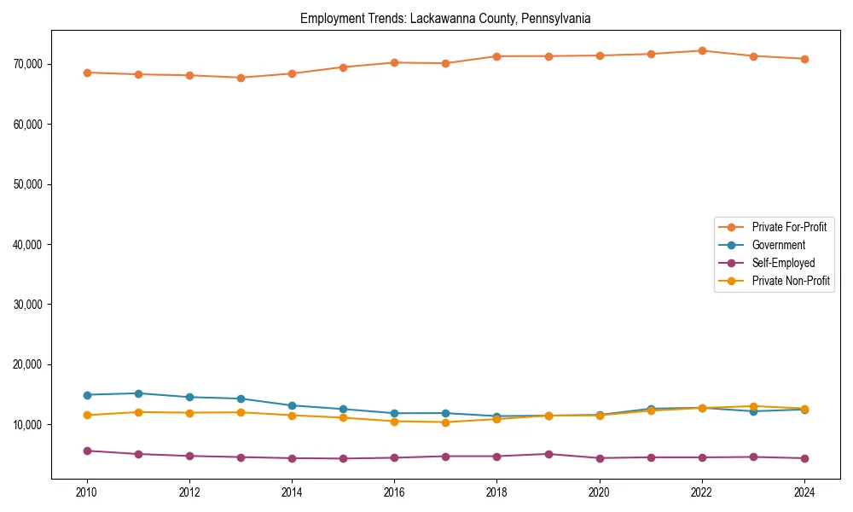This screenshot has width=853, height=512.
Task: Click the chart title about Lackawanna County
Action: pos(445,18)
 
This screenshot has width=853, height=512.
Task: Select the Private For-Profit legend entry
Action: pos(789,227)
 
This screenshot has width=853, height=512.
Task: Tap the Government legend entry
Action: pos(778,245)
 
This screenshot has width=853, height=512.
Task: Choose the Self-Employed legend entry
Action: pos(783,263)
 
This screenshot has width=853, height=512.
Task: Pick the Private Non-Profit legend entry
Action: pos(791,281)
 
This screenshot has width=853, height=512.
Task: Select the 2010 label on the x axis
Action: pos(86,492)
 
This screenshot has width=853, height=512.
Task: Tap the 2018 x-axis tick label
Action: pos(496,492)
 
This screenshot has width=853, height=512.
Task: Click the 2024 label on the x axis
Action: pos(804,492)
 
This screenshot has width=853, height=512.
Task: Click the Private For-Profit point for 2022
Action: pos(702,50)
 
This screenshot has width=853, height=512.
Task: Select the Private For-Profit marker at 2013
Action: pos(241,78)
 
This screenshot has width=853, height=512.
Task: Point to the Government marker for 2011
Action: pos(138,393)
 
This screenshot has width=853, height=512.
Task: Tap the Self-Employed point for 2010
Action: pos(87,451)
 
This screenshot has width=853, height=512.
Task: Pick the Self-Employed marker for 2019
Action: pos(548,454)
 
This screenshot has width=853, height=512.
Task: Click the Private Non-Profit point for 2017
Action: pos(445,422)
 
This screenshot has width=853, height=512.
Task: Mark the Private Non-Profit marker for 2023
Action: pos(753,406)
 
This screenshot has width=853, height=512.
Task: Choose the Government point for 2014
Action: pos(292,405)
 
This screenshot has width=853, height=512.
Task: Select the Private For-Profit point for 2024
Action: pos(804,59)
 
